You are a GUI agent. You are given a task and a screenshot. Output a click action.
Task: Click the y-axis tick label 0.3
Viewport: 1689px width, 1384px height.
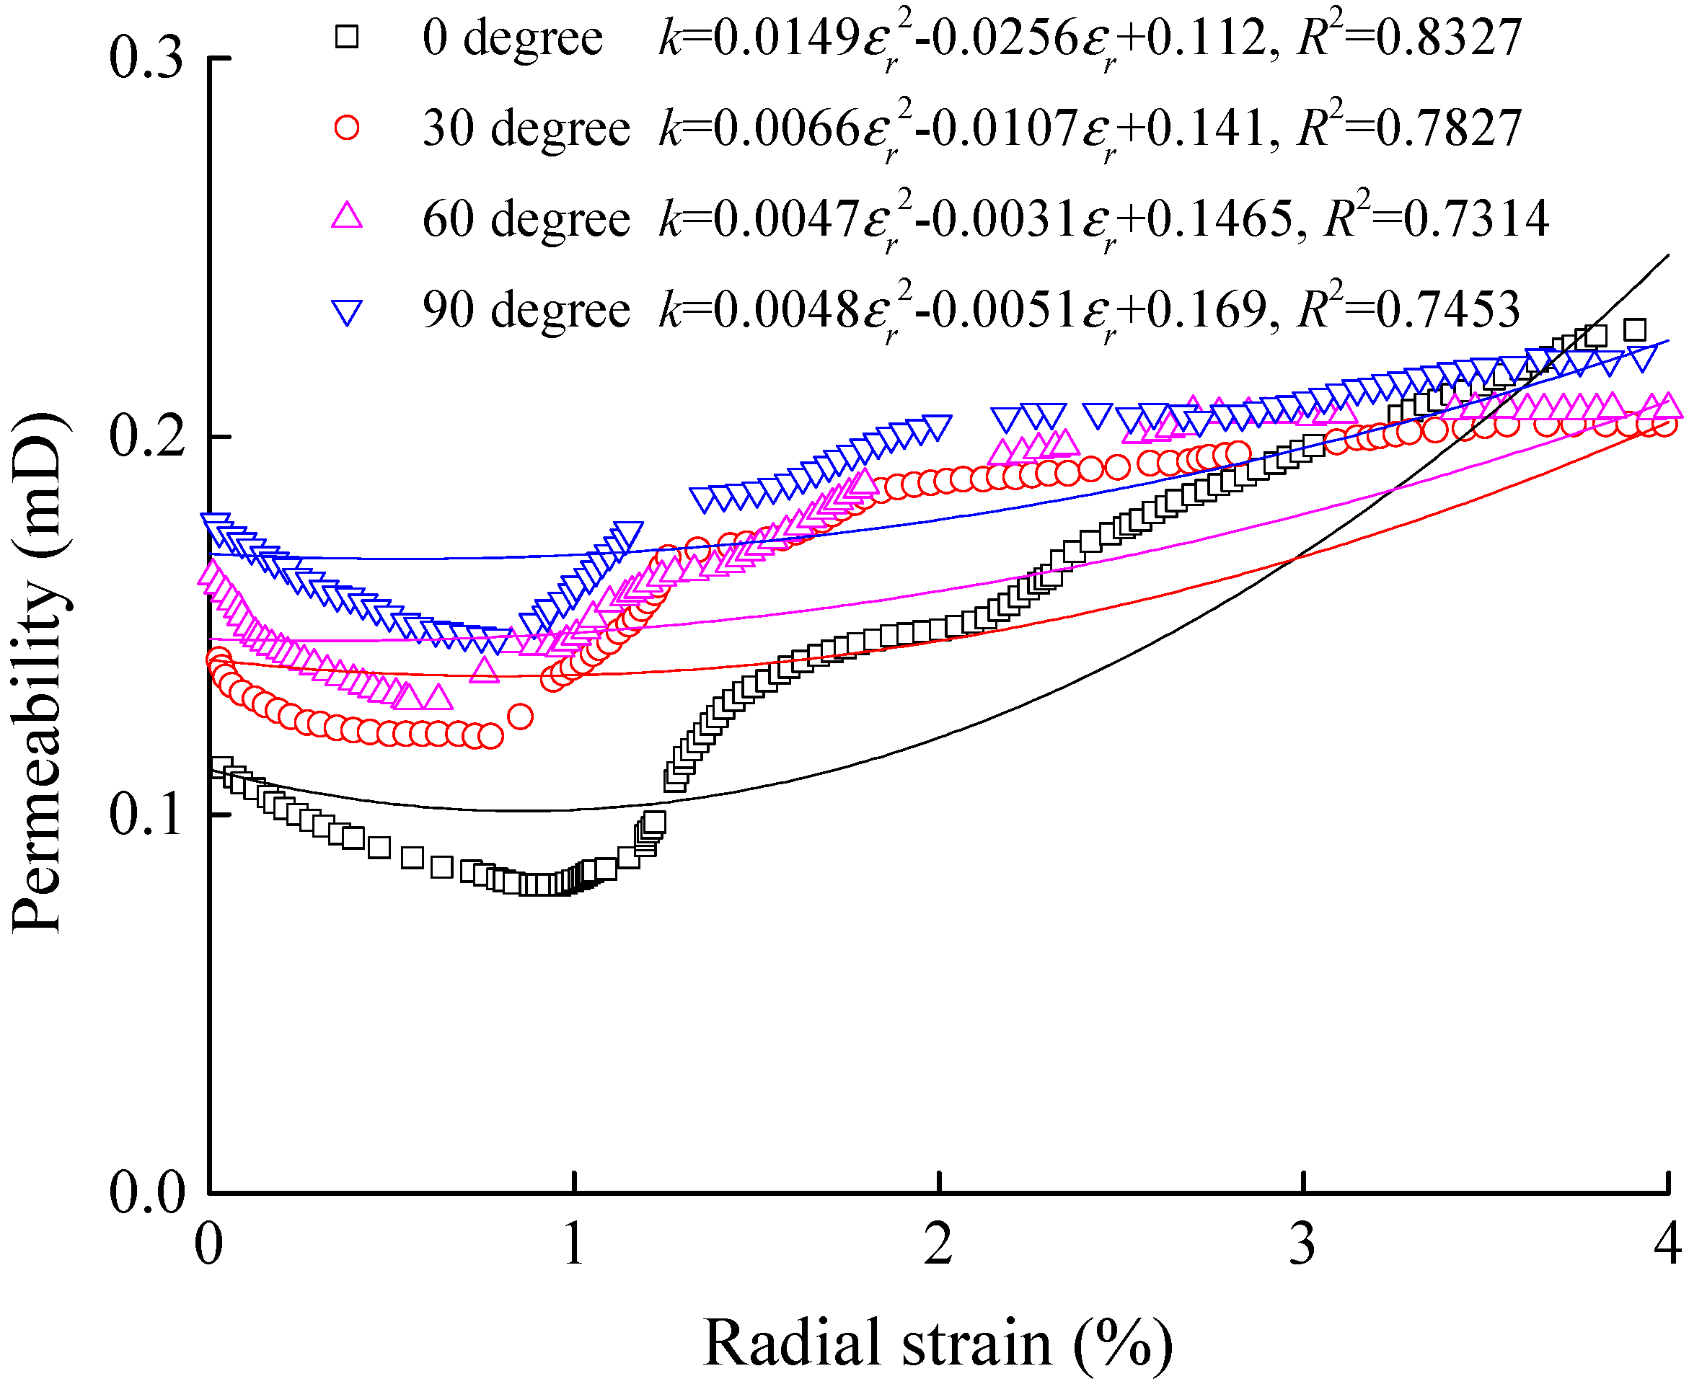pos(146,59)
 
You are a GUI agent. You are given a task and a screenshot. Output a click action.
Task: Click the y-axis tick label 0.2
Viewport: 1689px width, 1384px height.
pos(146,438)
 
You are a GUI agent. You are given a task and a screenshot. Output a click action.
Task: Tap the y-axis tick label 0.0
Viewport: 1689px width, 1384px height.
pos(146,1194)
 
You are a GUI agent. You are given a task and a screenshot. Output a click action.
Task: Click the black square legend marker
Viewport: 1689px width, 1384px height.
pos(347,37)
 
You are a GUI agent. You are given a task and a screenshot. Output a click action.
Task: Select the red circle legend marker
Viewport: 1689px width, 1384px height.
pos(347,128)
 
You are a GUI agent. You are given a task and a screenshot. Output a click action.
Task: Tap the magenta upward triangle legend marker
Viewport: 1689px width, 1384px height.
pos(347,217)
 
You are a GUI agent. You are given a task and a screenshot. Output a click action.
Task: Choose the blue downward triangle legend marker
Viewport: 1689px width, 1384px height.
pos(347,311)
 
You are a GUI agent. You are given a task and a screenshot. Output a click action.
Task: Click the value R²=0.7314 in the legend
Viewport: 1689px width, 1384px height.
pos(1435,217)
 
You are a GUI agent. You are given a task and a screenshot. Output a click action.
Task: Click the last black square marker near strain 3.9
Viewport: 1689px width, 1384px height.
pos(1635,329)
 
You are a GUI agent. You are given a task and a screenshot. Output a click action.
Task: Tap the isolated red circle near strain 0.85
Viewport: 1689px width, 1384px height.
pos(520,716)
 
